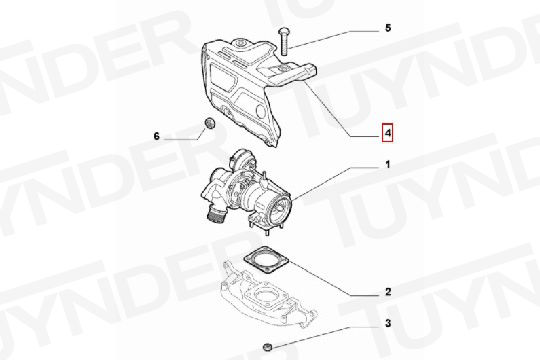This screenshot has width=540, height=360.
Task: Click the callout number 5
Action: click(x=388, y=28)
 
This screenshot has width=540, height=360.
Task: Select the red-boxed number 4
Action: click(x=387, y=133)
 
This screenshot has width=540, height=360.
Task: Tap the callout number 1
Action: click(x=388, y=165)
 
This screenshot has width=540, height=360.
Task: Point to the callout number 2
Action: click(x=388, y=292)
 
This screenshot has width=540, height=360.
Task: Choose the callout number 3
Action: click(x=388, y=323)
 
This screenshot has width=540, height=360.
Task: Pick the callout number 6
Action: click(x=157, y=136)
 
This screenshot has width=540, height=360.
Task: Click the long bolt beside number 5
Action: click(x=283, y=41)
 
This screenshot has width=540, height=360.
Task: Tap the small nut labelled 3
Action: click(x=267, y=347)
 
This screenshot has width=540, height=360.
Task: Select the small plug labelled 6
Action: click(x=209, y=123)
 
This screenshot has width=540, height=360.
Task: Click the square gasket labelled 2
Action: click(x=267, y=260)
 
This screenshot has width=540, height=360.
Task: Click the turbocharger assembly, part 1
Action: click(x=248, y=193)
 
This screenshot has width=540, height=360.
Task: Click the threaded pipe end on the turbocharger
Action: click(x=216, y=215)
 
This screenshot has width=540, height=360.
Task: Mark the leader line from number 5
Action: click(x=333, y=39)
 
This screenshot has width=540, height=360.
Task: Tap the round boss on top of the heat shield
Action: click(x=241, y=43)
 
